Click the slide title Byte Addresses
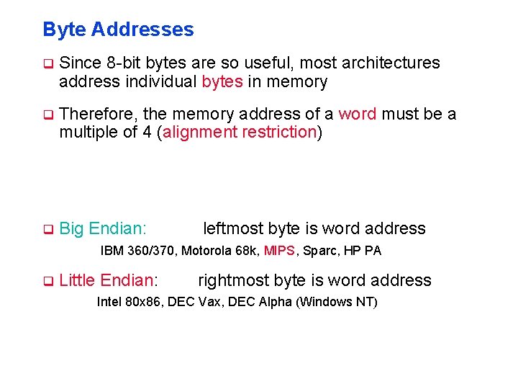pyautogui.click(x=118, y=30)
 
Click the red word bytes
pyautogui.click(x=222, y=82)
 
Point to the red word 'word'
pyautogui.click(x=358, y=115)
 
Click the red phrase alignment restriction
pyautogui.click(x=240, y=133)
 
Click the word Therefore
pyautogui.click(x=99, y=115)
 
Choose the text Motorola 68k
pyautogui.click(x=219, y=251)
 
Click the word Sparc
pyautogui.click(x=318, y=251)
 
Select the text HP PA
pyautogui.click(x=363, y=251)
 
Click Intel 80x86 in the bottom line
pyautogui.click(x=130, y=302)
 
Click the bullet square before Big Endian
pyautogui.click(x=48, y=230)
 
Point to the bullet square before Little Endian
pyautogui.click(x=48, y=281)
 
